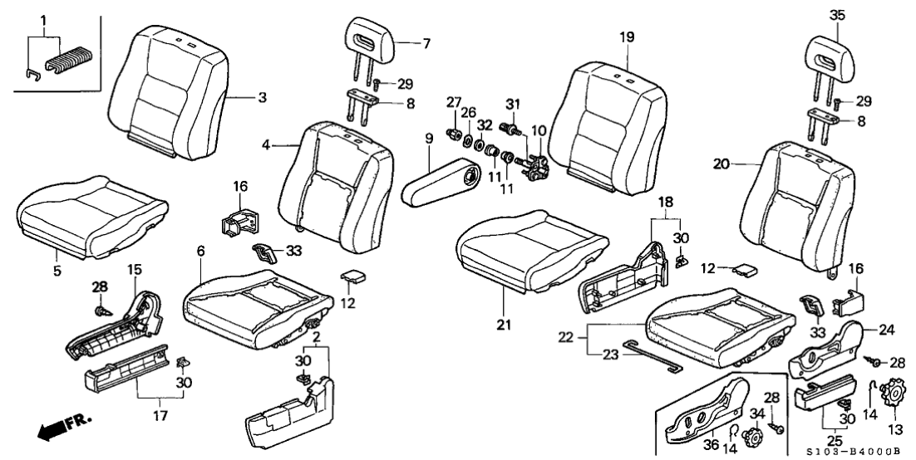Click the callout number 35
click(x=836, y=13)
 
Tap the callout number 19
click(x=625, y=37)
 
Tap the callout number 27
click(x=454, y=103)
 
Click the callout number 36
click(x=712, y=447)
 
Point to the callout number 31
click(x=513, y=103)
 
